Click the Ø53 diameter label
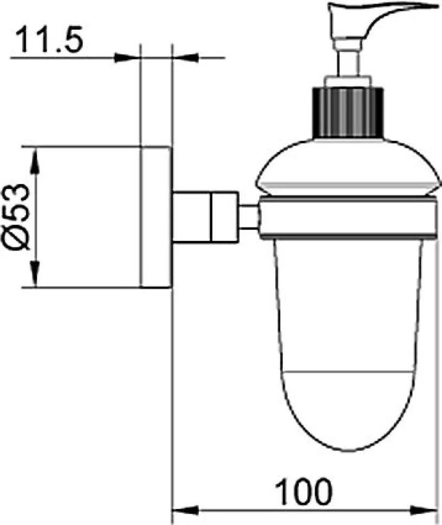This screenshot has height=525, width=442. pyautogui.click(x=16, y=217)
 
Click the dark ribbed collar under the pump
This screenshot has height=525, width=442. pyautogui.click(x=348, y=112)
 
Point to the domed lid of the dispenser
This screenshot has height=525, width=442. pyautogui.click(x=347, y=167)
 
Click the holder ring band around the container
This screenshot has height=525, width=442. pyautogui.click(x=348, y=218)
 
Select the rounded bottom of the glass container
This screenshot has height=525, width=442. pyautogui.click(x=348, y=412)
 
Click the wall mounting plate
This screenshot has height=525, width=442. pyautogui.click(x=156, y=217)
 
